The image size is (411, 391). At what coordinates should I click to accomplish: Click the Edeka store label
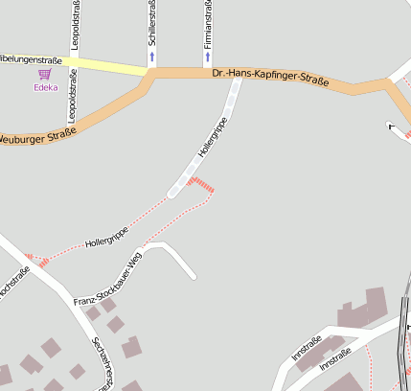point(45,87)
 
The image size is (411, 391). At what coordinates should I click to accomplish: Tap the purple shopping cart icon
point(44,74)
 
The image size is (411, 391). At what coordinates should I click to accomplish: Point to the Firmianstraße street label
point(208,24)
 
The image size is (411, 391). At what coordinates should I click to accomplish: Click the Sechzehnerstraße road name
point(103,365)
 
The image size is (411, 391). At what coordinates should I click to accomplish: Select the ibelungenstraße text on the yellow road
point(32,60)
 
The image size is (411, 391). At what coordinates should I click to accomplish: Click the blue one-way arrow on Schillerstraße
point(151,57)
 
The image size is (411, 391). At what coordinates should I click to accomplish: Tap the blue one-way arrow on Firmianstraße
point(208,57)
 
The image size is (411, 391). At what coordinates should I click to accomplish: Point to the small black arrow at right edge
point(390,125)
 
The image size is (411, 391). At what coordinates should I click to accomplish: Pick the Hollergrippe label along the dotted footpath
point(106,237)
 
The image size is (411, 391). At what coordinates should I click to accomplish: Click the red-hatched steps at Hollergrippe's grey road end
point(201,183)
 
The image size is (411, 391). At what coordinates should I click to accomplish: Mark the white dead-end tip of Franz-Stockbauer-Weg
point(194,277)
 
